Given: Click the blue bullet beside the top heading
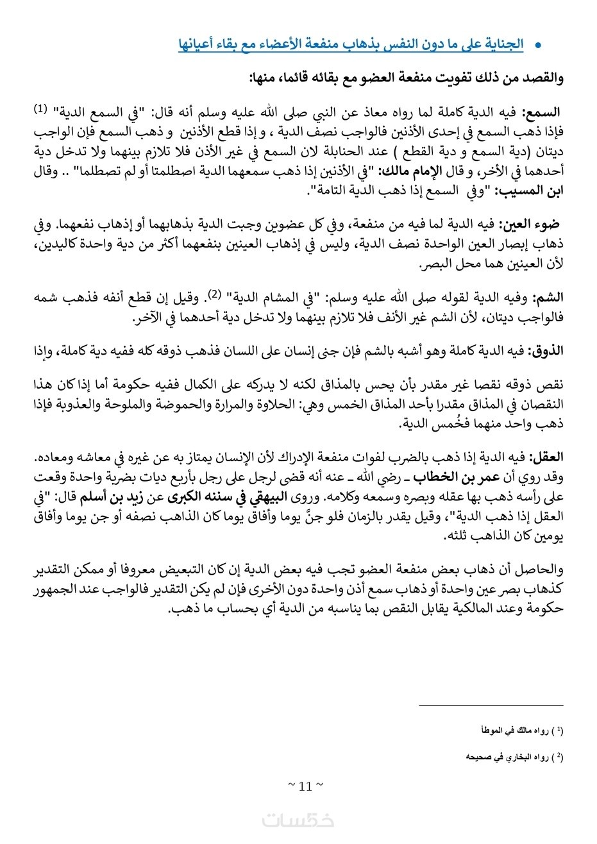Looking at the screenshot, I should tap(539, 46).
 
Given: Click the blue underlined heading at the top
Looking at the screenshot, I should tap(351, 46).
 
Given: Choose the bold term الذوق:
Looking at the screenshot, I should tap(546, 350).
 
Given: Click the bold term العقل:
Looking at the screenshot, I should tap(546, 457).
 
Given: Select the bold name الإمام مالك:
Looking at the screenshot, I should tap(401, 173).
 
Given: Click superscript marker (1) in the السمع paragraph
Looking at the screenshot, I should tap(40, 110).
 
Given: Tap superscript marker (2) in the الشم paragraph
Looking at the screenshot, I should tap(215, 294).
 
